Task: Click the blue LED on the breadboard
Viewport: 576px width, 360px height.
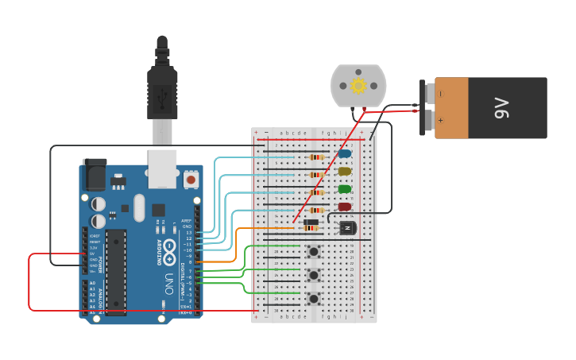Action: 345,154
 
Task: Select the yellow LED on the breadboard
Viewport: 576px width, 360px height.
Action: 345,172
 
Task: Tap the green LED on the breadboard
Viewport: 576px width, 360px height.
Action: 345,189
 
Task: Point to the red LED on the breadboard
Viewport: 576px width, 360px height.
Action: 345,207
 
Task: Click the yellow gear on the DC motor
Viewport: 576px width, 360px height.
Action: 358,86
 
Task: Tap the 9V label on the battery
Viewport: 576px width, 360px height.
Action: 501,108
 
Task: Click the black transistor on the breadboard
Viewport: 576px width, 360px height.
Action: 347,228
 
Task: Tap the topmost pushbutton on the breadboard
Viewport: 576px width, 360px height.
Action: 314,253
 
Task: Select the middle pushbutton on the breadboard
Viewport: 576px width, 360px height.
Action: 314,275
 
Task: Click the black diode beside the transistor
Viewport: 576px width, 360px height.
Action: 311,222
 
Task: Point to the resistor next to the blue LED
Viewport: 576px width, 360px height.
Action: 315,157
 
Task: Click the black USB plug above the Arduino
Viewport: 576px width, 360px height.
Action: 162,95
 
